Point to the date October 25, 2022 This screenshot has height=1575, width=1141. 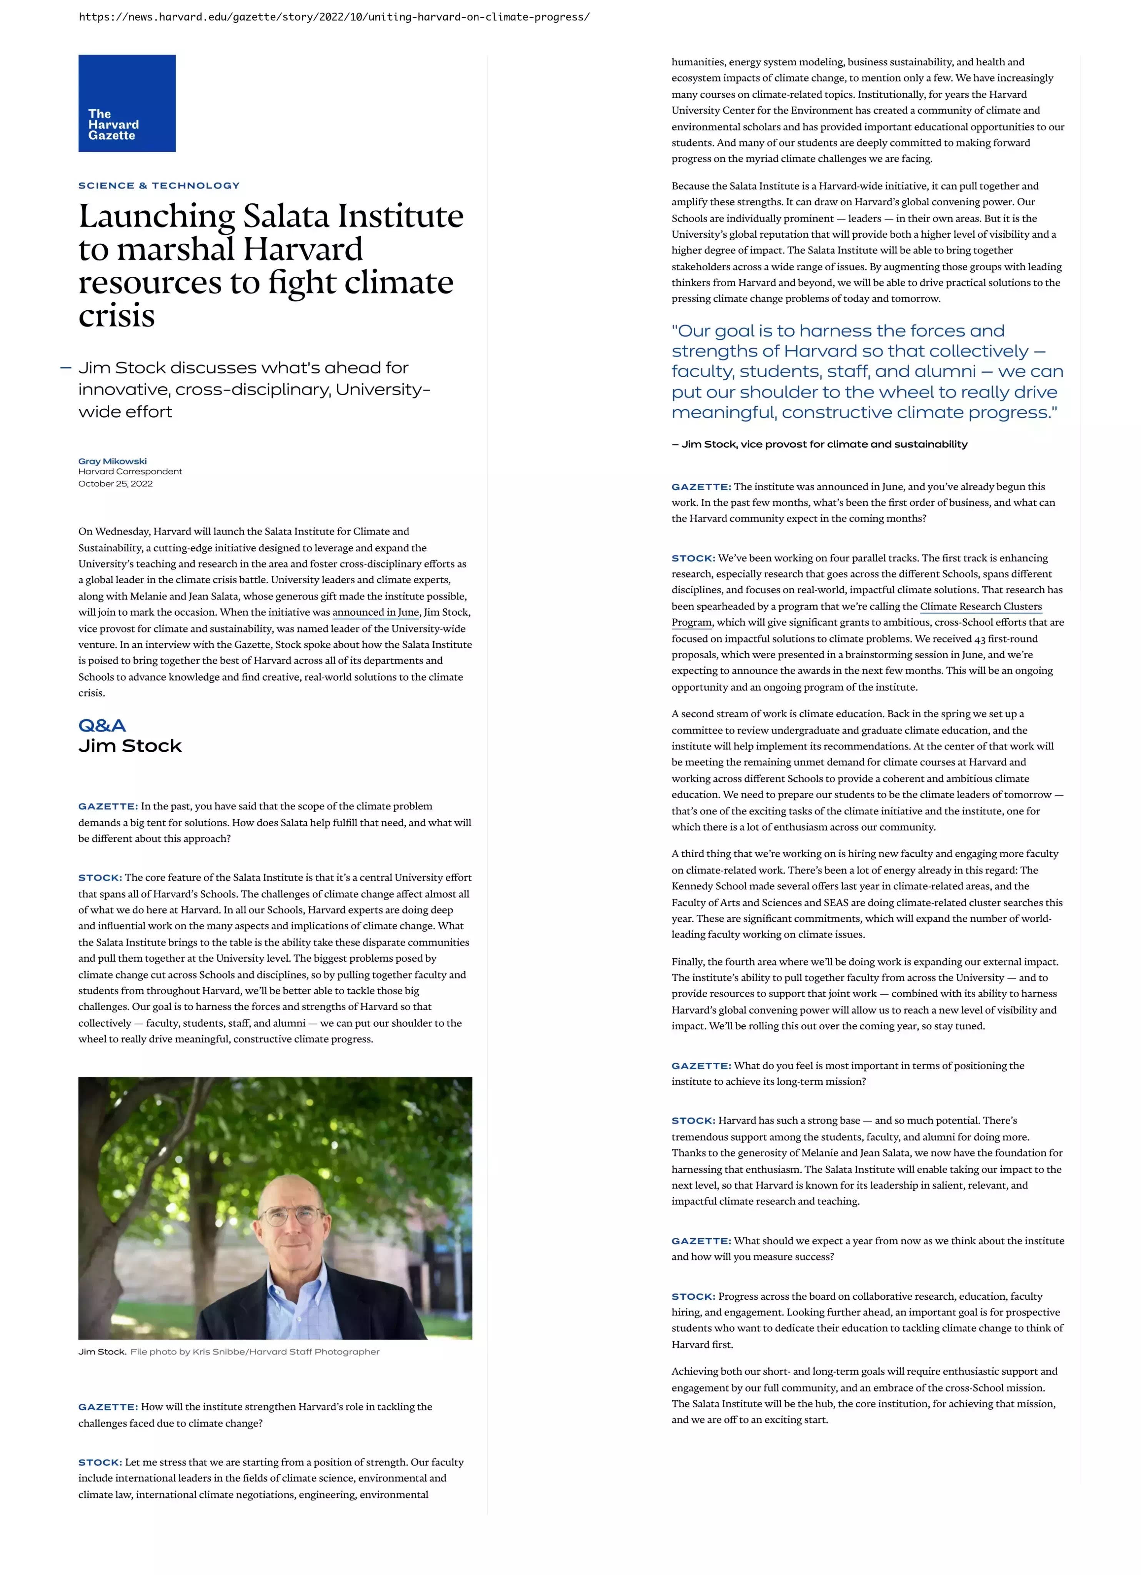click(115, 484)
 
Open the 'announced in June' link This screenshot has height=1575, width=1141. click(376, 613)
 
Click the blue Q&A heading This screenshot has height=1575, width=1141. click(102, 726)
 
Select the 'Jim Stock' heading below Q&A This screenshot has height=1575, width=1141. click(130, 746)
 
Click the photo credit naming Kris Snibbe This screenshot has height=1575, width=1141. click(255, 1352)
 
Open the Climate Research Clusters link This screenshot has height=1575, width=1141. click(981, 606)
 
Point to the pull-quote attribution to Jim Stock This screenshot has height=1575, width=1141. click(820, 445)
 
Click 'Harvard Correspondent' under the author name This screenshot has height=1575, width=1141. click(130, 471)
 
